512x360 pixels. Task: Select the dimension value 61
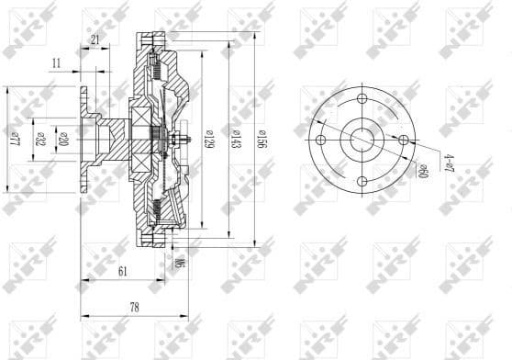coord(122,273)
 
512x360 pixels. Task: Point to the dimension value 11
coord(57,63)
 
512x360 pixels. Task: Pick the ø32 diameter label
coord(39,140)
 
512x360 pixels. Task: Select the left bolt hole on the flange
coord(321,140)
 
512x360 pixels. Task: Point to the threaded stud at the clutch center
coord(183,141)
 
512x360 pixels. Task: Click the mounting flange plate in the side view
coord(84,140)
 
